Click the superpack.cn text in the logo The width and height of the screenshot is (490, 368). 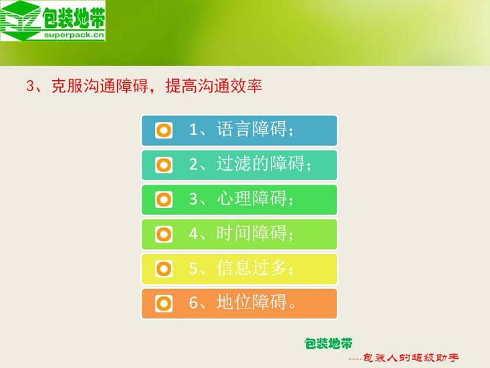coord(74,35)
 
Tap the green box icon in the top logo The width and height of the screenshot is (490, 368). coord(21,21)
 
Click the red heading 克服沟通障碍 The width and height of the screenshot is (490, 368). coord(100,86)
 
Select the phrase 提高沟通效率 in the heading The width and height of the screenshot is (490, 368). coord(214,86)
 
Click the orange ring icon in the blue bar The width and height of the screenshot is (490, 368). coord(164,130)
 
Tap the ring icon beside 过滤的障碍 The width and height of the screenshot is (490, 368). coord(164,165)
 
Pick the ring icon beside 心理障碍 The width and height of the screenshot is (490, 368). coord(164,199)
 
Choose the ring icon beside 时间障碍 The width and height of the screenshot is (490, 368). coord(164,234)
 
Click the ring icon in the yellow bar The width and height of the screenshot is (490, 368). coord(164,269)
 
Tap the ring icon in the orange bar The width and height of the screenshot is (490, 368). coord(164,304)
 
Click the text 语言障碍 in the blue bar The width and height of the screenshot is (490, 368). coord(251,129)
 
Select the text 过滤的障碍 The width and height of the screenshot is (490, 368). coord(261,163)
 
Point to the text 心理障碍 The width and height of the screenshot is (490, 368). coord(251,199)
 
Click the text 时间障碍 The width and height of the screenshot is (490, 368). coord(251,234)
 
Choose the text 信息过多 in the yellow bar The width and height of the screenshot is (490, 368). coord(251,268)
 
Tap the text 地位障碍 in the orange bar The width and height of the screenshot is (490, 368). coord(251,302)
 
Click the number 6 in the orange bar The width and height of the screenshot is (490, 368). coord(193,302)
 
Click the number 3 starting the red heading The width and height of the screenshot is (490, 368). coord(30,86)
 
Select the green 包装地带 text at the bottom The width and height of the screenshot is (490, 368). coord(328,344)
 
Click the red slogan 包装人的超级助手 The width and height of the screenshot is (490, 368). coord(411,358)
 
